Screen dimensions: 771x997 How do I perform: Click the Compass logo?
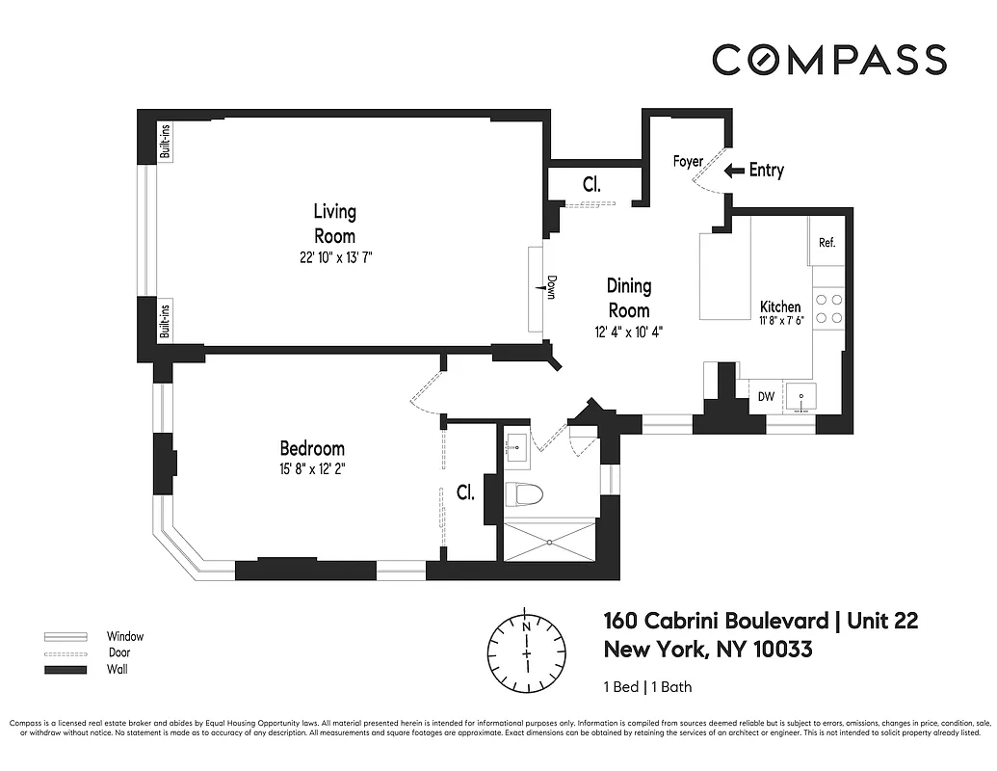(829, 60)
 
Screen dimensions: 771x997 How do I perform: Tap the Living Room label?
(334, 224)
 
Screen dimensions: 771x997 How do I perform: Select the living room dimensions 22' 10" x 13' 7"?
(334, 257)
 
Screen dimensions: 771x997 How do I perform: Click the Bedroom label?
(312, 448)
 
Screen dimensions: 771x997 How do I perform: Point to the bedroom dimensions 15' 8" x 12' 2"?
(312, 469)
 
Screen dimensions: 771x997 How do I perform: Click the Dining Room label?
(628, 298)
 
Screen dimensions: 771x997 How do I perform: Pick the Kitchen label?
(779, 306)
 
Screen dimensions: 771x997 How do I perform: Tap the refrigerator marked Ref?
(826, 243)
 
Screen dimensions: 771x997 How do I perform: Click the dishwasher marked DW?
(766, 396)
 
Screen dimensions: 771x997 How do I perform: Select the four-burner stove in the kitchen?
(829, 307)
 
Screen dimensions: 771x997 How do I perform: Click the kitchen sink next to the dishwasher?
(799, 396)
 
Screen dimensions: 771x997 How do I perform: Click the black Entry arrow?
(734, 171)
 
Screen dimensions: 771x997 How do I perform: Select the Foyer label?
(688, 162)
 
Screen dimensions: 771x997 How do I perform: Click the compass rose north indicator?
(526, 625)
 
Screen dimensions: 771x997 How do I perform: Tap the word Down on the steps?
(551, 287)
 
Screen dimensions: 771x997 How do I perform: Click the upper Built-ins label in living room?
(165, 145)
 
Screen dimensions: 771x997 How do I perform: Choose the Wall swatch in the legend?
(65, 670)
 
